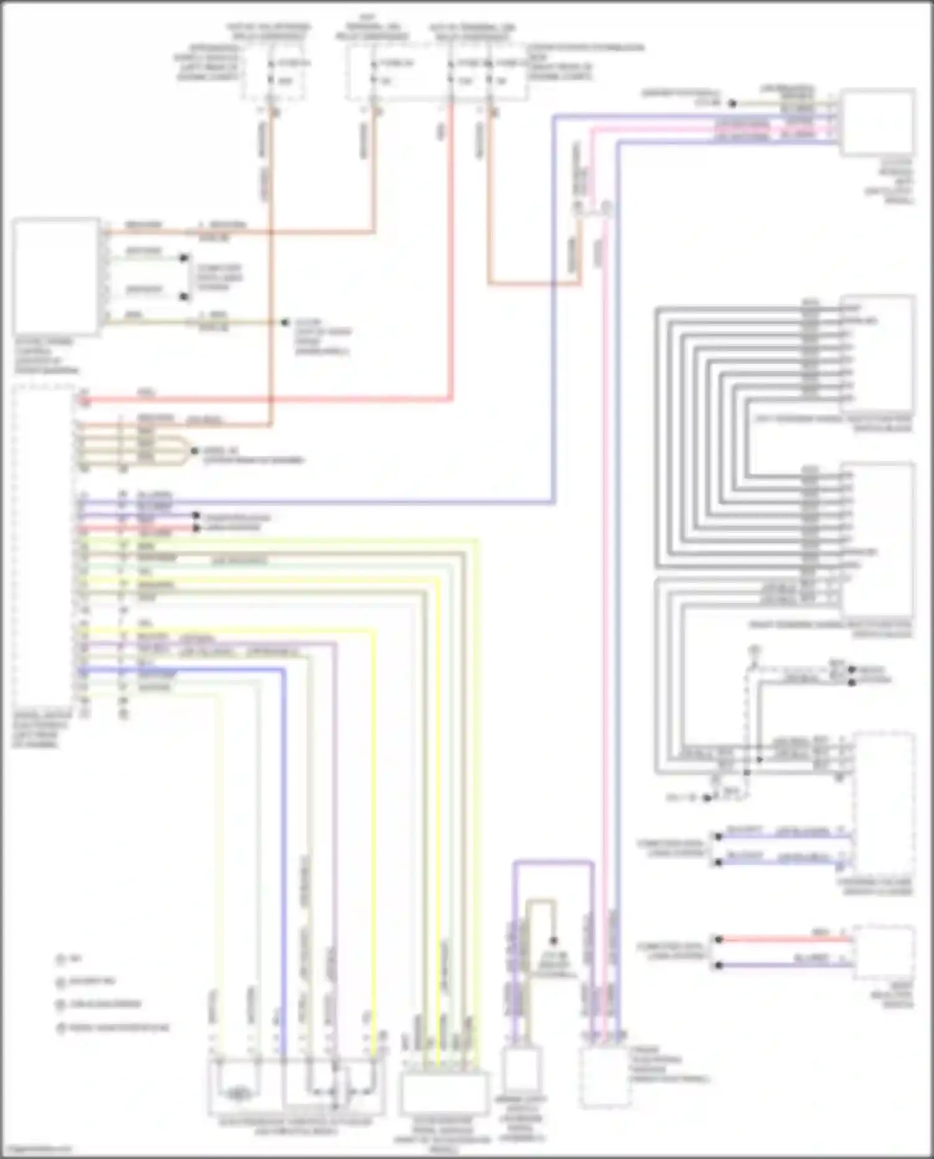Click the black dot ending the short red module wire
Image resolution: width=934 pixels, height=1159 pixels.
(x=196, y=528)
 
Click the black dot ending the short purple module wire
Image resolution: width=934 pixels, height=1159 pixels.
(x=196, y=516)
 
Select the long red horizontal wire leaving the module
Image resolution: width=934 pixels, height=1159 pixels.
(x=262, y=399)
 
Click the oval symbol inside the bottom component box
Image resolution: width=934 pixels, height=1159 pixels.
(x=237, y=1092)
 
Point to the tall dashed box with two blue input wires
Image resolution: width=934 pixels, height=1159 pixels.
(x=883, y=803)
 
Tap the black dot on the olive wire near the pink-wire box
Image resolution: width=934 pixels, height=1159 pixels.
(x=733, y=103)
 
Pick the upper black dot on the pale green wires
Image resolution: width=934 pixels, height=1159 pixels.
(x=184, y=258)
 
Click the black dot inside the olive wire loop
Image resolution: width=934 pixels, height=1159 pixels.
(x=553, y=941)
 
